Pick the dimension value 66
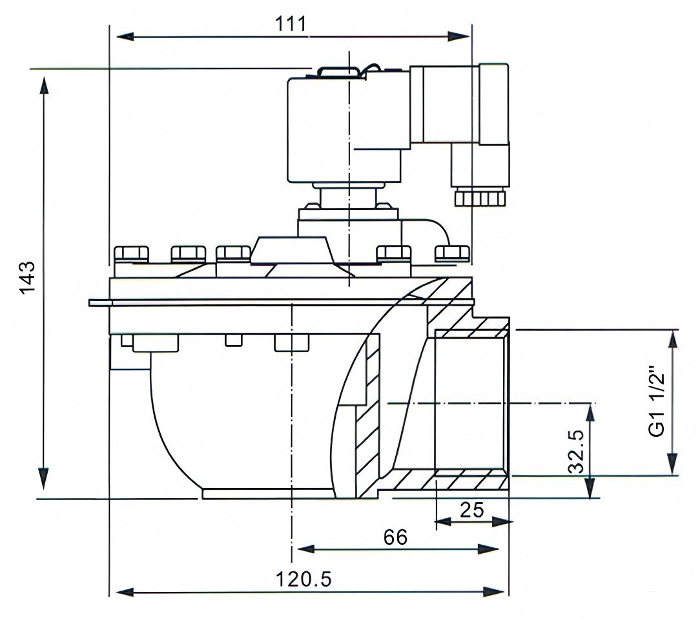pos(395,538)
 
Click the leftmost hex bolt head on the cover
pos(133,253)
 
